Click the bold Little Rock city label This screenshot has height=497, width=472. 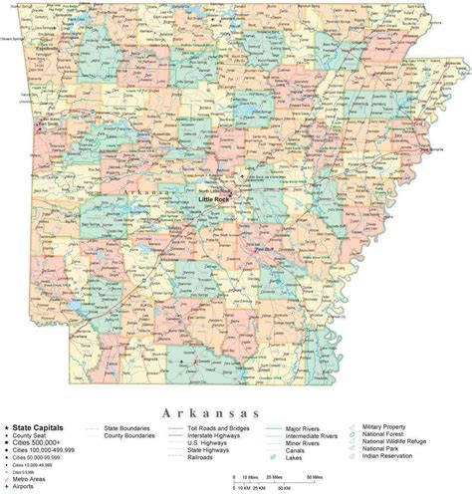coord(214,200)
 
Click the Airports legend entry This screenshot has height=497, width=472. coord(28,486)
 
